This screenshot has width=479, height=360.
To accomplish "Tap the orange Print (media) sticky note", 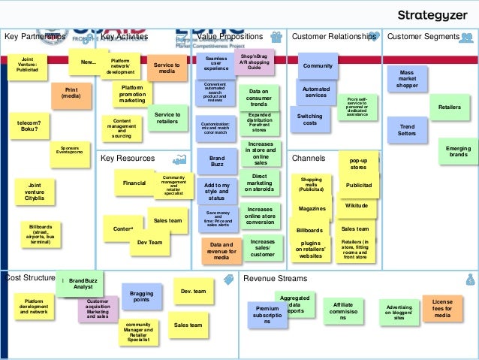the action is click(71, 92).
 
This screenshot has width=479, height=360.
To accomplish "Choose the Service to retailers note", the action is click(167, 119).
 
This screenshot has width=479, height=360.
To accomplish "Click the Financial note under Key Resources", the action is click(134, 183).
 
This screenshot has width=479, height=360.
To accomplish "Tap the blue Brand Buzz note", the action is click(217, 163).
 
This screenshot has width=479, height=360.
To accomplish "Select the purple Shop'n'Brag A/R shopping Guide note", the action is click(254, 62).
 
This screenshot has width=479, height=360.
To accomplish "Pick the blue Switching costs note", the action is click(309, 120).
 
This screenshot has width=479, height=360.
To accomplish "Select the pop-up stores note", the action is click(358, 164).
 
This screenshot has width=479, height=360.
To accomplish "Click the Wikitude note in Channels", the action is click(356, 205).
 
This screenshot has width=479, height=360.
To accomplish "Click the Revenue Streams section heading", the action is click(274, 279).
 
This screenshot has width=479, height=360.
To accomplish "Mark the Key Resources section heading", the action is click(127, 159).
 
